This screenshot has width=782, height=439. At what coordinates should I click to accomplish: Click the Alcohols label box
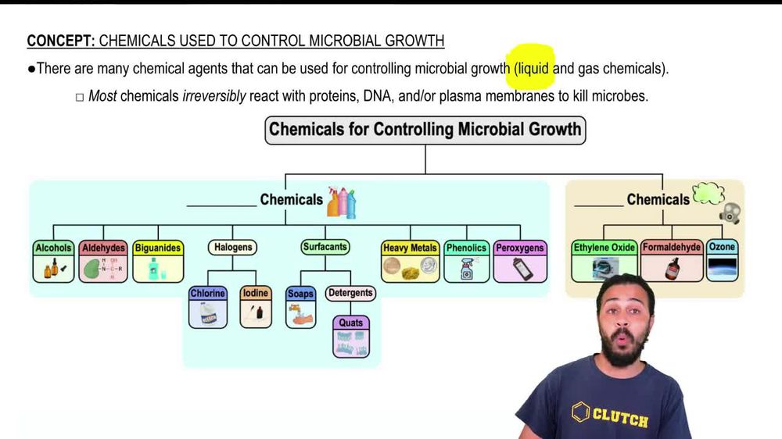(54, 248)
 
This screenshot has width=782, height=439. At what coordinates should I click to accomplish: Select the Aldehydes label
(104, 248)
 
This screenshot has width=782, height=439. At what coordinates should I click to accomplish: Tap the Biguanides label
(157, 248)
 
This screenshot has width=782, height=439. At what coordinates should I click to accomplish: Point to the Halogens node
(233, 247)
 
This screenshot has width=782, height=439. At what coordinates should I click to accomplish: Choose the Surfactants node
(325, 247)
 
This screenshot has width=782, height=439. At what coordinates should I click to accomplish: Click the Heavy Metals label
(410, 248)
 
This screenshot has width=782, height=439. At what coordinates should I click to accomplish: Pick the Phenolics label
(466, 248)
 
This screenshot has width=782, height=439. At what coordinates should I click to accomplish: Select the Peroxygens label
(520, 248)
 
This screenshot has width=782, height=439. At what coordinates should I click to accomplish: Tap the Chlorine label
(208, 293)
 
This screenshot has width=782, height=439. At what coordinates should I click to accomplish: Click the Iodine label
(256, 293)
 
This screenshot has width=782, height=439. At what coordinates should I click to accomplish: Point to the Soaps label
(300, 294)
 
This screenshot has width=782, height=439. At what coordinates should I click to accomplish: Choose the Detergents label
(350, 293)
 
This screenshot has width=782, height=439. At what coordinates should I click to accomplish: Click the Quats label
(351, 323)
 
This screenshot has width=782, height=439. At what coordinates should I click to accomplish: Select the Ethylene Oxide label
(604, 247)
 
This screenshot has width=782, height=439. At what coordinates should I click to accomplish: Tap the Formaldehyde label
(672, 247)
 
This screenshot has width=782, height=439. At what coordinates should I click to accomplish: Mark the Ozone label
(722, 247)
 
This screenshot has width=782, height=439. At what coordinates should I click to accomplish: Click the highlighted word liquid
(533, 68)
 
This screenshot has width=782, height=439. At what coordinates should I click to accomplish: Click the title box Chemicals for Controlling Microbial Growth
(425, 129)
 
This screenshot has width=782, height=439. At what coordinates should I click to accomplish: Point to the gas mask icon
(731, 212)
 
